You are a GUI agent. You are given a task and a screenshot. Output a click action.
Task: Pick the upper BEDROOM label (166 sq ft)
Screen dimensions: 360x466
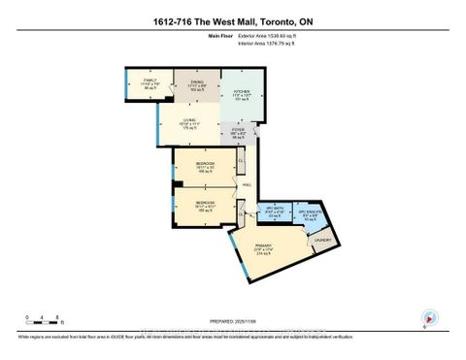(x=205, y=165)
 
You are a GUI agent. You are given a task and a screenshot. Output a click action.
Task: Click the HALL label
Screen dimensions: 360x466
(x=247, y=184)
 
